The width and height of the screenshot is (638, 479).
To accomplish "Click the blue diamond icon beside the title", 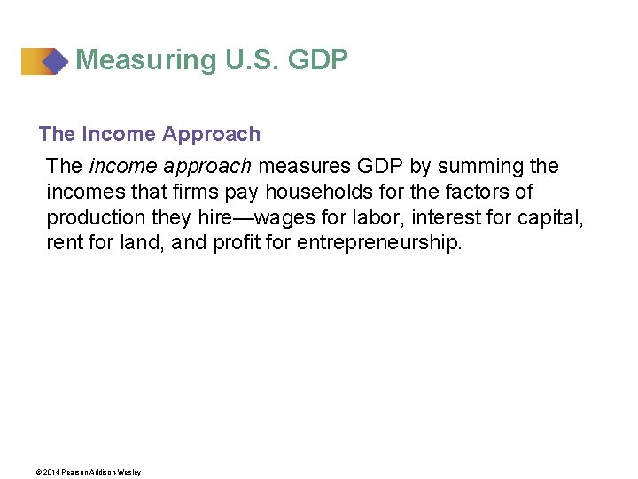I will [55, 61].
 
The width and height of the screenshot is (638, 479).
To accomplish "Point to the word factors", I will [483, 192].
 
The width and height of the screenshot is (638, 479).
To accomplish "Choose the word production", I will [93, 218].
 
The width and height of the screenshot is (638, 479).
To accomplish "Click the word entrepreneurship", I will [379, 243].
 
